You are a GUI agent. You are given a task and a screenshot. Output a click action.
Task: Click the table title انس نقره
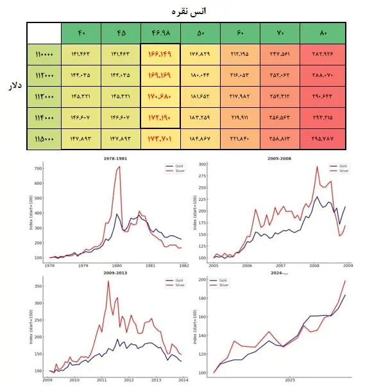196,11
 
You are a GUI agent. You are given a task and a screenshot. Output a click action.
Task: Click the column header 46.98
160,33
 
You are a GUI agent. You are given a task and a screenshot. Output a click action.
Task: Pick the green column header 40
81,33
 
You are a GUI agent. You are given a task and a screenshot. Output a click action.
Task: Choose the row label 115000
44,138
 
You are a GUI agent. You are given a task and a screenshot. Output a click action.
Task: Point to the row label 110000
44,55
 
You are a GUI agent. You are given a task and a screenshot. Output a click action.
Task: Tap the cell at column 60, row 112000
240,76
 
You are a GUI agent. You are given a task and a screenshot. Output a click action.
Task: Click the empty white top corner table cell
44,33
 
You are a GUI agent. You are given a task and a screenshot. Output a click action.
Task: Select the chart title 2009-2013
114,273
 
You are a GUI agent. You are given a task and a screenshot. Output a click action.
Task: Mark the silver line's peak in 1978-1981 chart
119,167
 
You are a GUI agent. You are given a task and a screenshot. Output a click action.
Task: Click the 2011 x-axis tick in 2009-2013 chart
101,380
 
